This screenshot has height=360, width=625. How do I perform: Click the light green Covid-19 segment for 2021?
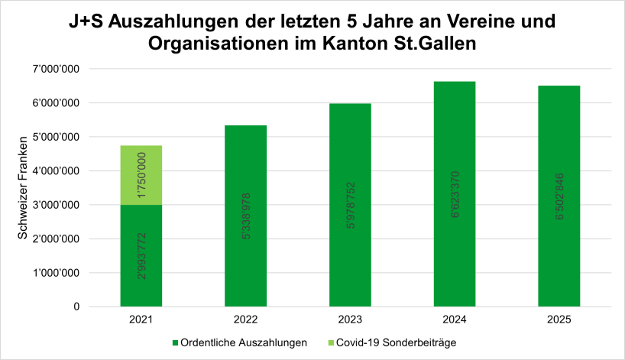coord(141,175)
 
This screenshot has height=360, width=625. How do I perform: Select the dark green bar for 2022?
coord(245,216)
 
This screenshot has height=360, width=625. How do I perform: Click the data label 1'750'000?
coord(141,176)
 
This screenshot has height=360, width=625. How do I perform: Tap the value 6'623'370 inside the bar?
coord(455,194)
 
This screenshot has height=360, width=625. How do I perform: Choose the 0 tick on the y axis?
coord(76,307)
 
